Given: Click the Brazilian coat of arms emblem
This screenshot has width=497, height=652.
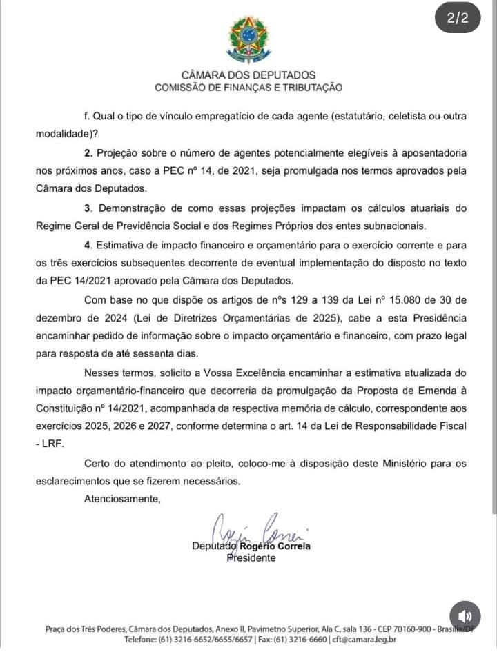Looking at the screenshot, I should pos(248,39).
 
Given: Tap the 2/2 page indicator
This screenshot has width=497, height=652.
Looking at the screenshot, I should pos(458,19).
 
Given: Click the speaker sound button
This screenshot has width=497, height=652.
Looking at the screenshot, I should pos(465,616).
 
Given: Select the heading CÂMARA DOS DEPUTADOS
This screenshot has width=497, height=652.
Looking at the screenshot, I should pos(248,75).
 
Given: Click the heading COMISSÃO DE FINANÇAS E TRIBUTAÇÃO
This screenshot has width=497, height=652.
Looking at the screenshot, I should pos(248,88).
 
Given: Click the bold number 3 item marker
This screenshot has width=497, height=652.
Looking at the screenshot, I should pos(88,208).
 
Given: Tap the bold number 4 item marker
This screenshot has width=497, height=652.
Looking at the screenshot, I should pos(88,244).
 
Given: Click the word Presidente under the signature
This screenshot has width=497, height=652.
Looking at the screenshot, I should pos(251,557).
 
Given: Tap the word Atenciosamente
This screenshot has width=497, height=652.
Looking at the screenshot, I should pos(122,498).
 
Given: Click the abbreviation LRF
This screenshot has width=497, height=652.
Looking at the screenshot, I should pos(53,444).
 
